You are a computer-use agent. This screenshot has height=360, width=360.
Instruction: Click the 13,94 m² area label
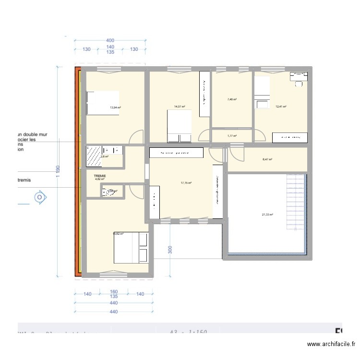(115, 108)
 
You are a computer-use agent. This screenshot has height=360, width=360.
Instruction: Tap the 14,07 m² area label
(180, 107)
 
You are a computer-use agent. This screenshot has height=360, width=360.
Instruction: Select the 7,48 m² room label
(232, 100)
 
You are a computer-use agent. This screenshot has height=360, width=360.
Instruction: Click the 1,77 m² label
(232, 136)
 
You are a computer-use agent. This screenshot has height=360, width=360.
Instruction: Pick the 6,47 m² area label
(267, 159)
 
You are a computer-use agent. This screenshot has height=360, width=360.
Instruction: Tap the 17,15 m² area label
(186, 183)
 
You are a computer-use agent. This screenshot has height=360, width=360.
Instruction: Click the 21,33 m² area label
(267, 215)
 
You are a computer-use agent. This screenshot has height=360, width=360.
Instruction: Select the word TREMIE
(100, 176)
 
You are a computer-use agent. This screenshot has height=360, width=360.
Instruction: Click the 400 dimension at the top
(110, 40)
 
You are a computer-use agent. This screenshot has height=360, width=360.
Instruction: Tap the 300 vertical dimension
(170, 250)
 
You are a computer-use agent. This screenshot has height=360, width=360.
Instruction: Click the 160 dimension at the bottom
(114, 291)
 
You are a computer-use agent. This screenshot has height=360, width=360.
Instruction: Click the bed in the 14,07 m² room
(179, 126)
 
